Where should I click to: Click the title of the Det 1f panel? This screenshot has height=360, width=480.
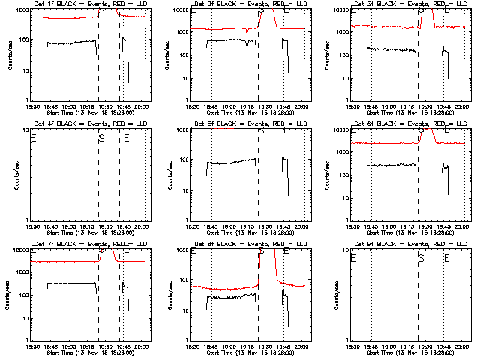88,5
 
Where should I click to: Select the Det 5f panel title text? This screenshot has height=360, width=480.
249,125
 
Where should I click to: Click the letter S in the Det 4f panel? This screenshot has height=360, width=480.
101,138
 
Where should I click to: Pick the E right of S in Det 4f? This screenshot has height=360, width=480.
127,138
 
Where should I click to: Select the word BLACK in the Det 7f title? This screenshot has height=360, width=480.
67,245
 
